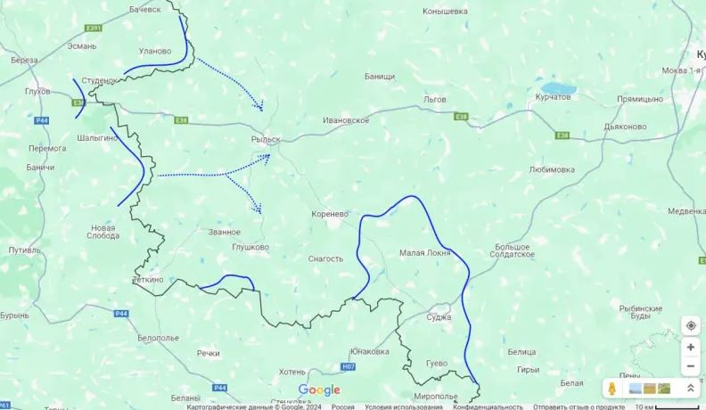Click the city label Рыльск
point(266,140)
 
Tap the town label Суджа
point(439,317)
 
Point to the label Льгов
point(434,99)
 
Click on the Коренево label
point(330,215)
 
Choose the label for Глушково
point(250,247)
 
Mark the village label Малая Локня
point(423,253)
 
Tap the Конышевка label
point(445,12)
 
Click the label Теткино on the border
point(147,279)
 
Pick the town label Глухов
point(37,90)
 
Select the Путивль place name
point(24,250)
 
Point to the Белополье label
point(159,338)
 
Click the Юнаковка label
point(369,351)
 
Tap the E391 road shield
point(94,29)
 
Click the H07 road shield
point(348,366)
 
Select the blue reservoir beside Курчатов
point(556,90)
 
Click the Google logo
point(319,390)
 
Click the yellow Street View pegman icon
point(614,389)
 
